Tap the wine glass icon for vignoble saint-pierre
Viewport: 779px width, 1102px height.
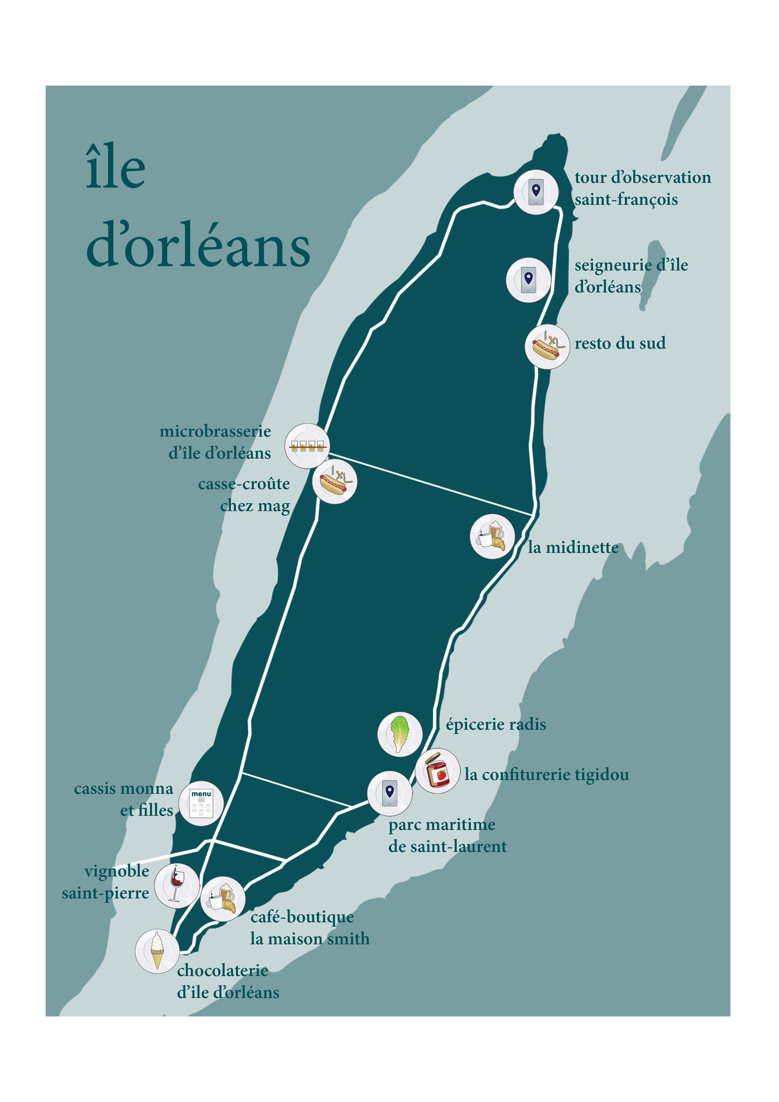coord(177,886)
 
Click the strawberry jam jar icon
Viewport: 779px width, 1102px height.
coord(437,770)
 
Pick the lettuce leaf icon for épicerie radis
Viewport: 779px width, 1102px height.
coord(399,734)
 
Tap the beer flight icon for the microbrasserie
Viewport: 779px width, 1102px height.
coord(307,446)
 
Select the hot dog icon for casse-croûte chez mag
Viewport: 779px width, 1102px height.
coord(335,481)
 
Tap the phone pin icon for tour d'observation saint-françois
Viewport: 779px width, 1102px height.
coord(536,192)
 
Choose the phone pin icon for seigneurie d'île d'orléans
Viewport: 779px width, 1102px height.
coord(528,280)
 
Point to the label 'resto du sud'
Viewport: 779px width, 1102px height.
coord(620,343)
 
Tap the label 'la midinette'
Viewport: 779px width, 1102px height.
coord(573,547)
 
